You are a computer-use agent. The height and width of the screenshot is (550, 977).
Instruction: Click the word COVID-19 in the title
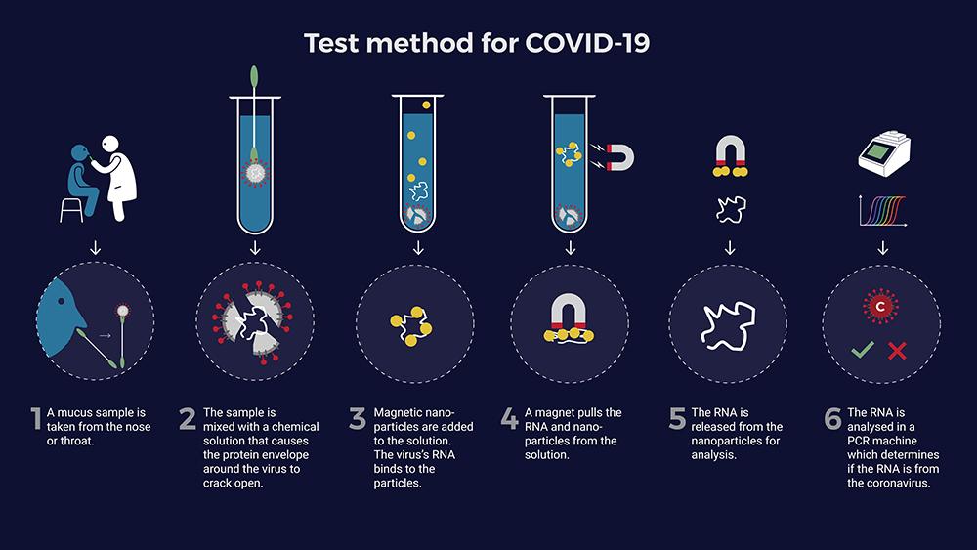point(587,44)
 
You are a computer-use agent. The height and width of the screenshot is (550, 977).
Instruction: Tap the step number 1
point(36,418)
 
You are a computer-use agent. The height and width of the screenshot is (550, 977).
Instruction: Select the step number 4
point(509,418)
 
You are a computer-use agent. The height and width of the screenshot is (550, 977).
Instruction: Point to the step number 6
point(832,418)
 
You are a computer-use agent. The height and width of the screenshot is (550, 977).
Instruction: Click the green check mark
point(863,350)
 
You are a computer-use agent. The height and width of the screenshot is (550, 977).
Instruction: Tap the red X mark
point(897,351)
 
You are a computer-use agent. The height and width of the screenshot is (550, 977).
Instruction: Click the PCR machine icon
point(884,153)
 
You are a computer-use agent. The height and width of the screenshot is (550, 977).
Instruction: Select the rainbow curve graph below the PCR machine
point(883,211)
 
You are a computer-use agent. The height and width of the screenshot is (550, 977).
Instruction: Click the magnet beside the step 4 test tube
point(619,157)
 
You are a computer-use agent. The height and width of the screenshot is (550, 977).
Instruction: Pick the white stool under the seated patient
point(71,210)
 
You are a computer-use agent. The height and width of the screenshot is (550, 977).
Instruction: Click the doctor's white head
point(110,144)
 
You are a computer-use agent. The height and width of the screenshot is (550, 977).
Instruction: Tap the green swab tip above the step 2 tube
point(254,75)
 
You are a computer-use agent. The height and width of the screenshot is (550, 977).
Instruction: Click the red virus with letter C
point(880,306)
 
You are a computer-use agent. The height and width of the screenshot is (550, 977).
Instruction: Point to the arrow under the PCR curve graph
point(882,248)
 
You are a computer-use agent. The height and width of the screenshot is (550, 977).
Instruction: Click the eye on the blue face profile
point(61,302)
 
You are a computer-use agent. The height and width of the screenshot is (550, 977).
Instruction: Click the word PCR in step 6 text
point(859,441)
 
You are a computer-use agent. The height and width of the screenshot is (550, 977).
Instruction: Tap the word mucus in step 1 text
point(76,412)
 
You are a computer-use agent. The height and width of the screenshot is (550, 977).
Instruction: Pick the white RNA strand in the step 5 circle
point(728,324)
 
